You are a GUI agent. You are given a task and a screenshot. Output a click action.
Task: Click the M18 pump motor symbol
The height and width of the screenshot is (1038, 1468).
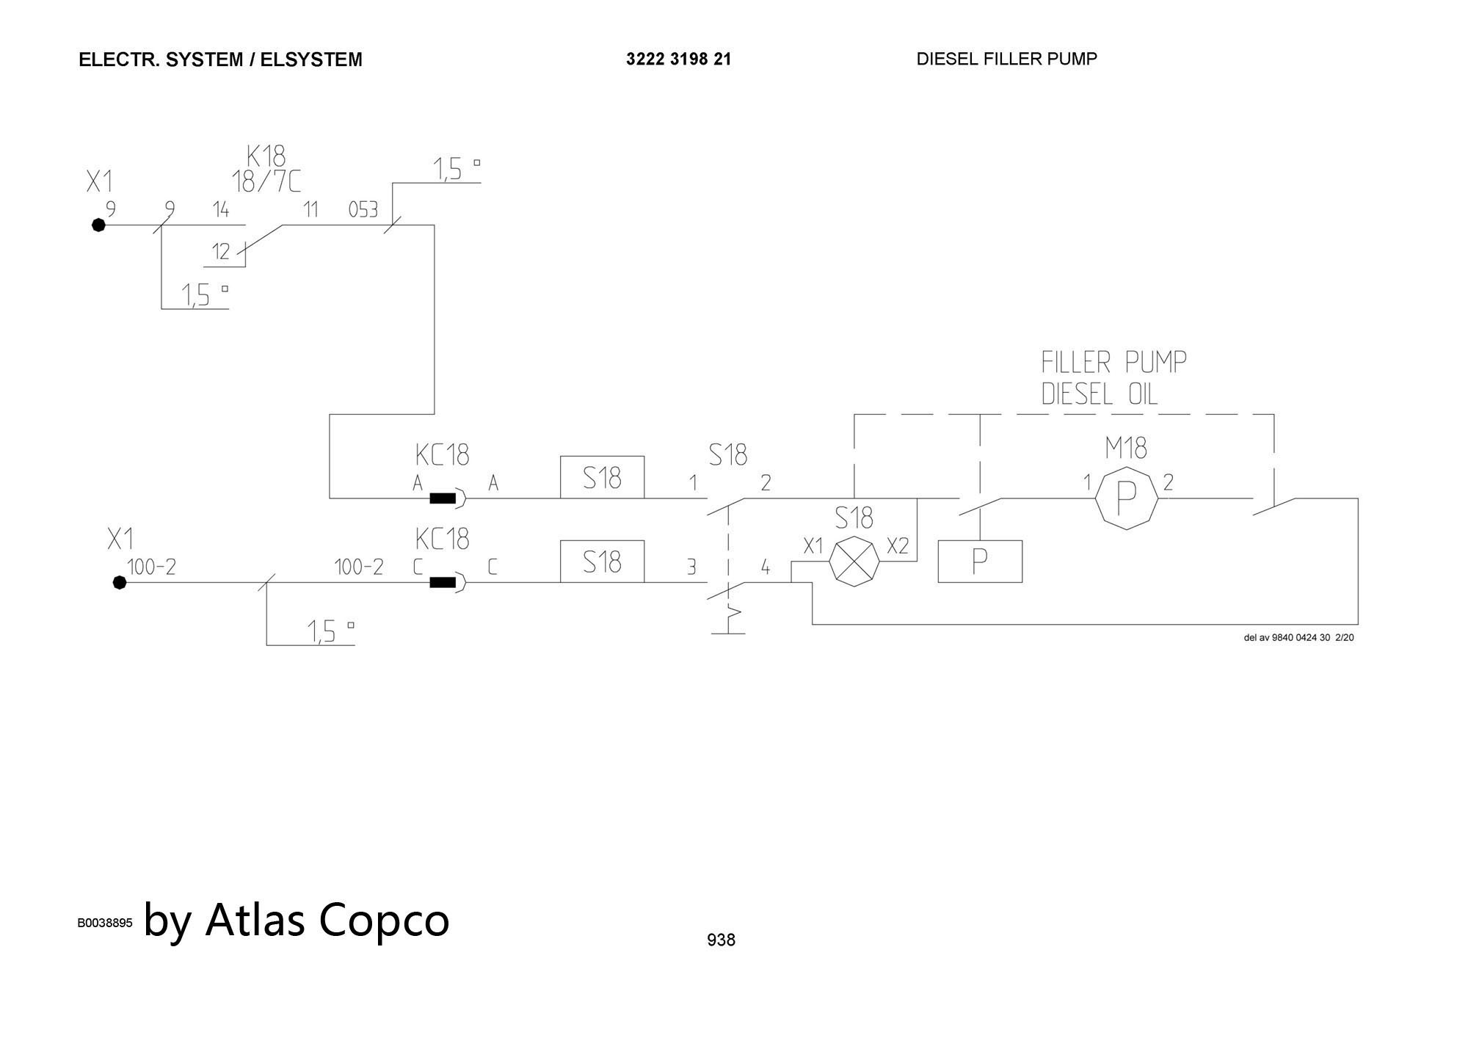(x=1126, y=498)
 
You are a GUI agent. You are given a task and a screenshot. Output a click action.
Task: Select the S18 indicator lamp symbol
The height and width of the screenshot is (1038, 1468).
(x=854, y=562)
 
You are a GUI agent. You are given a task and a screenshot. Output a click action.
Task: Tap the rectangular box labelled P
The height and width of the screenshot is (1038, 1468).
(x=980, y=562)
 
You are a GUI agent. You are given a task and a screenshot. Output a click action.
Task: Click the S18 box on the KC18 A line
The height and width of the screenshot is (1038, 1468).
(x=602, y=478)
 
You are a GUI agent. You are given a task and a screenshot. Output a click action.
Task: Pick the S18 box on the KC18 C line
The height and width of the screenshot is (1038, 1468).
(x=602, y=562)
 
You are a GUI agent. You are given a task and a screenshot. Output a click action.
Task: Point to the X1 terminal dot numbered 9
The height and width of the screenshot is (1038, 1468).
(x=98, y=225)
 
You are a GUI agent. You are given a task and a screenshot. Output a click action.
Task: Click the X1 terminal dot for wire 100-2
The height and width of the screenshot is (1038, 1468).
(x=120, y=583)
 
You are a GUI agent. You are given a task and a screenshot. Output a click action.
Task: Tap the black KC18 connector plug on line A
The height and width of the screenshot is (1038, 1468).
(x=443, y=499)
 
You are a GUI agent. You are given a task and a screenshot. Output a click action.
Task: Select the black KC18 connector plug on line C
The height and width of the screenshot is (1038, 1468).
(x=443, y=583)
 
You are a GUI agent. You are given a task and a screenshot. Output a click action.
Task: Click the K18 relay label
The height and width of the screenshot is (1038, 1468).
(x=266, y=156)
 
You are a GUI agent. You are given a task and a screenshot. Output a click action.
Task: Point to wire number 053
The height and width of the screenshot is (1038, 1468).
(x=363, y=211)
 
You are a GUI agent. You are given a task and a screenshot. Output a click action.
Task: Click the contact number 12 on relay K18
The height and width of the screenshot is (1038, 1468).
(x=221, y=253)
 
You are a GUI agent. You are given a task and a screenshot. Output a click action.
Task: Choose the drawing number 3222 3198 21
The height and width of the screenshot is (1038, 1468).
(x=678, y=59)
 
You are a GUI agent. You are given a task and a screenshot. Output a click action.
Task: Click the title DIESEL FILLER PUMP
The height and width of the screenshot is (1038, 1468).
(x=1006, y=59)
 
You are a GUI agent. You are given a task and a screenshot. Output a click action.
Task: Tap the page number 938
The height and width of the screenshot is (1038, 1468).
(x=721, y=940)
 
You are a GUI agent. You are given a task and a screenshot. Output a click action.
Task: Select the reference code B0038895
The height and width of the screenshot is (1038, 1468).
(x=105, y=923)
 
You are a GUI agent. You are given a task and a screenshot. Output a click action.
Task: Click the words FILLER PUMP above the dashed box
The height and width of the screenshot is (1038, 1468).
(x=1113, y=362)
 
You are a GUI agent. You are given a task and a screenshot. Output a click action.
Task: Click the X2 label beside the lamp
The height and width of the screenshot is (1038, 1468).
(x=898, y=546)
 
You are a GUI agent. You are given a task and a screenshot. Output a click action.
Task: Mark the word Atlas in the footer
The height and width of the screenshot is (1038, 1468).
(x=255, y=919)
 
